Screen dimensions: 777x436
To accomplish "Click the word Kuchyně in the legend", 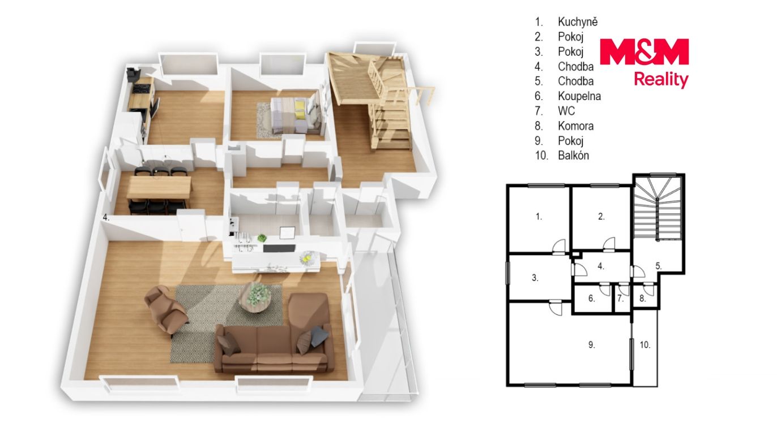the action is coord(578,22).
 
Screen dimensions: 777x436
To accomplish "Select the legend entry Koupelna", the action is coord(579,96).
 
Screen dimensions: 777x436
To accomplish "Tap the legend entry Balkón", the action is coord(573,156).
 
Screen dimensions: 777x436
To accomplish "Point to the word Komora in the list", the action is coord(576,126).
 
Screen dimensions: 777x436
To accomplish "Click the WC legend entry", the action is coord(566,111).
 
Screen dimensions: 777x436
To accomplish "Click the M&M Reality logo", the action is coord(644,63).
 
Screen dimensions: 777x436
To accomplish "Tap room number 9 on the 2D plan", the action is coord(592,345).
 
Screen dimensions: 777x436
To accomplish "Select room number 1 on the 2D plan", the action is coord(539,217).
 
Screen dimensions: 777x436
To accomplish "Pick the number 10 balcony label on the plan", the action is coord(645,345).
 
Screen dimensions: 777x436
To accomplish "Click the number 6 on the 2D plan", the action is coord(591,299).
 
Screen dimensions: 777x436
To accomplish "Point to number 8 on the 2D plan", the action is coord(642,299).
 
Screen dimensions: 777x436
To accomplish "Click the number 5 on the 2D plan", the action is coord(659,266).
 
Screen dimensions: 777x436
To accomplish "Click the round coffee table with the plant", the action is coord(255,298).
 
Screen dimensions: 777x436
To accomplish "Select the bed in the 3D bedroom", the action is coord(296,114).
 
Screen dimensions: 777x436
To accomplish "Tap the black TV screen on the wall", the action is coord(279,248).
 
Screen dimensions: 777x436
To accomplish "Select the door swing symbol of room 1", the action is coord(558,247).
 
